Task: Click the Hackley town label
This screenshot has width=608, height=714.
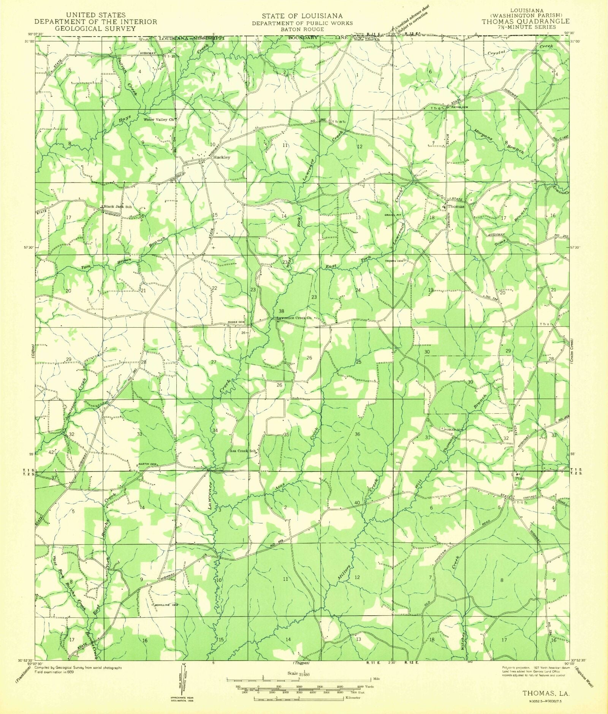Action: click(x=222, y=157)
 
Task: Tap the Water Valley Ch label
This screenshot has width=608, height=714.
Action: click(x=158, y=120)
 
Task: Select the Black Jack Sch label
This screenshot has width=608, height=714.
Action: click(x=118, y=207)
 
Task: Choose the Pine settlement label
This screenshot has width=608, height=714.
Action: click(x=519, y=479)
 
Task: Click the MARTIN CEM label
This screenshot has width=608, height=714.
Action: click(x=147, y=464)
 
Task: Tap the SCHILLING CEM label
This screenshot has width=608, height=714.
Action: click(x=165, y=605)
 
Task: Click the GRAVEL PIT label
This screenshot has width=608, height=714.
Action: click(x=393, y=215)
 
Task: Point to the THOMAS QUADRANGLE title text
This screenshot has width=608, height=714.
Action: click(x=526, y=22)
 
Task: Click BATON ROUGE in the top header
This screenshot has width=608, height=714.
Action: click(x=302, y=29)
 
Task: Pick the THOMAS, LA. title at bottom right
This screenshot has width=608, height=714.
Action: click(x=546, y=693)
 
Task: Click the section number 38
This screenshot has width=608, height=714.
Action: click(x=281, y=311)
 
